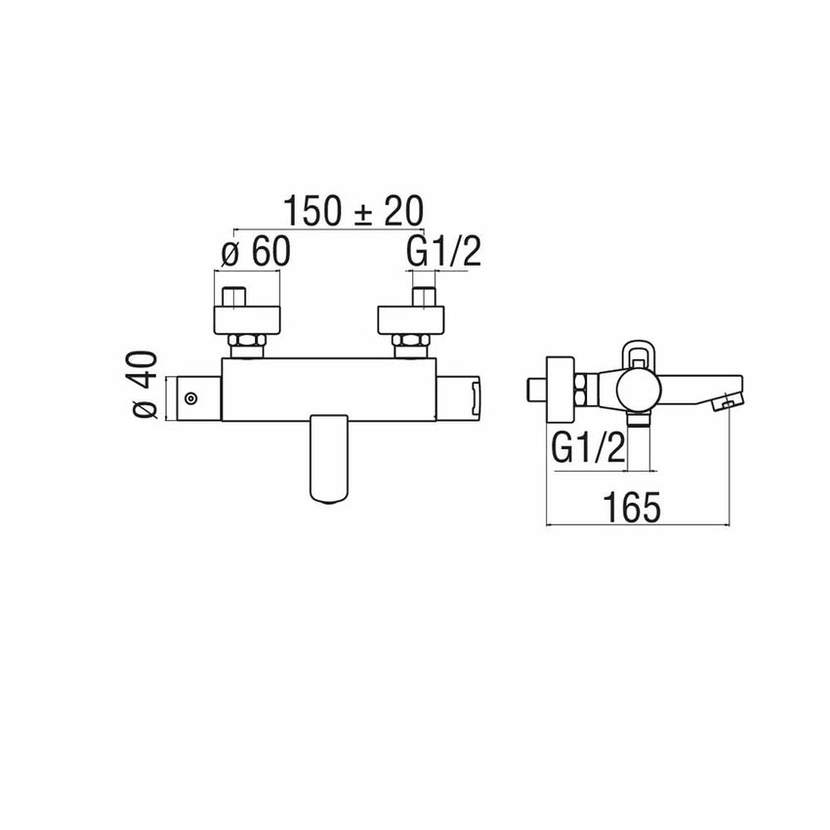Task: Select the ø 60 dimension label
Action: pyautogui.click(x=257, y=253)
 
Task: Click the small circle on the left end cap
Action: pyautogui.click(x=191, y=398)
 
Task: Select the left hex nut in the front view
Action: pyautogui.click(x=245, y=345)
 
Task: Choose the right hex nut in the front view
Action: pyautogui.click(x=410, y=345)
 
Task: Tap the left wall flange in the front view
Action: pyautogui.click(x=246, y=320)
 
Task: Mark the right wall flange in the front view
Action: pyautogui.click(x=411, y=320)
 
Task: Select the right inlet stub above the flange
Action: pyautogui.click(x=422, y=297)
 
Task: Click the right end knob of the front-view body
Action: pyautogui.click(x=459, y=398)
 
